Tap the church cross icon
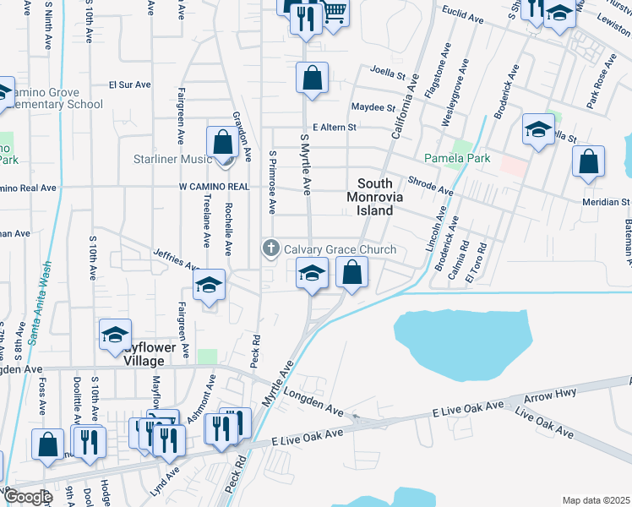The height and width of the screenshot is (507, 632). pyautogui.click(x=270, y=248)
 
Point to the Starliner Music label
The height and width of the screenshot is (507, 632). pyautogui.click(x=172, y=159)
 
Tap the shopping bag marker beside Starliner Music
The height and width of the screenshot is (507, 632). pyautogui.click(x=222, y=142)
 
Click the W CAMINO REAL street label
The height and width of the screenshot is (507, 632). pyautogui.click(x=214, y=186)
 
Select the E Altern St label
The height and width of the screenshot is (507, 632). pyautogui.click(x=335, y=127)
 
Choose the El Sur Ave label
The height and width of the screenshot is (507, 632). pyautogui.click(x=130, y=84)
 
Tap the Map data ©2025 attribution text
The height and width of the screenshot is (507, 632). pyautogui.click(x=597, y=500)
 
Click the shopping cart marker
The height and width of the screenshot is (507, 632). pyautogui.click(x=335, y=14)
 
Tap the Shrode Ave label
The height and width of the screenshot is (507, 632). pyautogui.click(x=431, y=186)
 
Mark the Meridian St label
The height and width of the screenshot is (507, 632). pyautogui.click(x=606, y=202)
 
